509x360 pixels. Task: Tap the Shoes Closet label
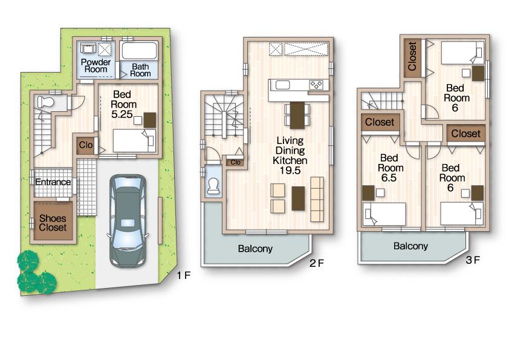(53, 223)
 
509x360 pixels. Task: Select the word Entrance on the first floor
(53, 182)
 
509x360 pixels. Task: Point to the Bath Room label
(140, 70)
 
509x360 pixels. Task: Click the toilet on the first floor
(45, 102)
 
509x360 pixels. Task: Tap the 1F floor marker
(183, 275)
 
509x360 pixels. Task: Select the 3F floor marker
(472, 261)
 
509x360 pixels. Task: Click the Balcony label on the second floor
(254, 249)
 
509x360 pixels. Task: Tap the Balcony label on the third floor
(410, 246)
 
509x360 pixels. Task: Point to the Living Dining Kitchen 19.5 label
(290, 155)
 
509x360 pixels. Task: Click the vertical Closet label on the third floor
(413, 57)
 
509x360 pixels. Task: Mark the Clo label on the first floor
(85, 145)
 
